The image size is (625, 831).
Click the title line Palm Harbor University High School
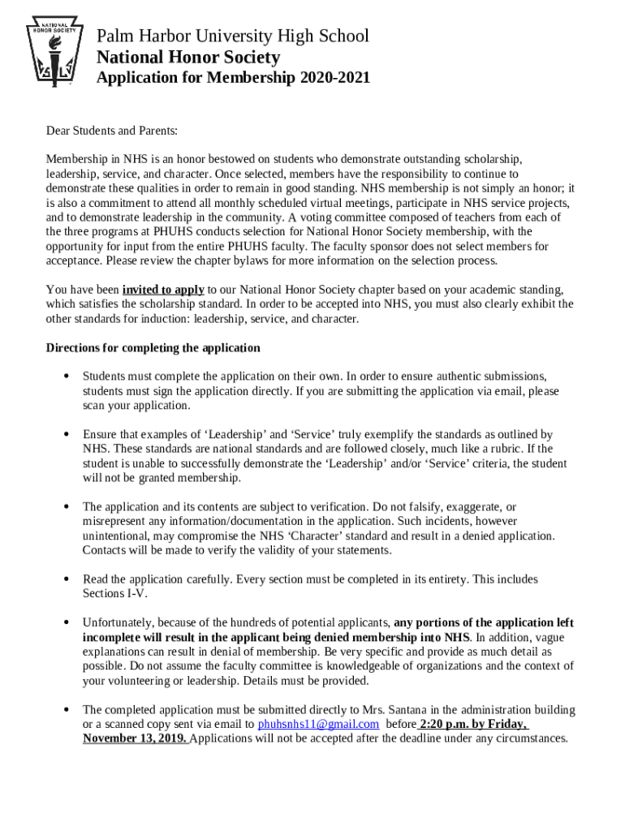coord(232,36)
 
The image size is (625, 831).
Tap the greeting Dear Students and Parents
coord(111,131)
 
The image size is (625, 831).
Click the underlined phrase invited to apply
coord(163,290)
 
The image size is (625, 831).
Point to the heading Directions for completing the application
coord(153,348)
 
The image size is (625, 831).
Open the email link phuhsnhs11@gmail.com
coord(318,725)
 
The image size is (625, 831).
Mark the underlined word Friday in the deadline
coord(507,725)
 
